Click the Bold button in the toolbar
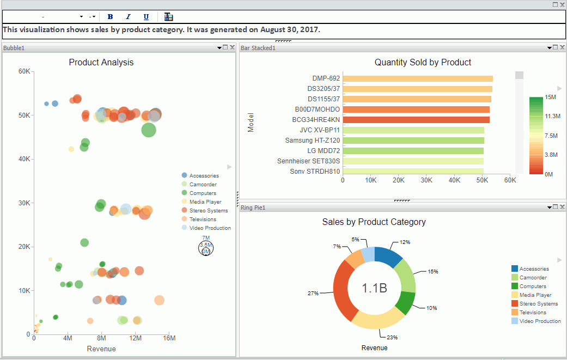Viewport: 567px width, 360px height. click(x=111, y=17)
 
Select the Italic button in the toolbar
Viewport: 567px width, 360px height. click(x=128, y=17)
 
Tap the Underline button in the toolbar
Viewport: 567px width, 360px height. click(x=146, y=17)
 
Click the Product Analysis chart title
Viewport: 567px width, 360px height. click(x=101, y=62)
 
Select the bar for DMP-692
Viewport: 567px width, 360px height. click(x=418, y=78)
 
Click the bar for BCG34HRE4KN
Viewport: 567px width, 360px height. click(x=416, y=120)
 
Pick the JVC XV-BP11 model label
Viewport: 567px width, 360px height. click(x=320, y=130)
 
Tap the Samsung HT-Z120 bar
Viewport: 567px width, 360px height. click(x=413, y=141)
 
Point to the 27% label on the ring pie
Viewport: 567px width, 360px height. click(x=313, y=293)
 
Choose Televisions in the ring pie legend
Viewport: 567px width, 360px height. click(x=533, y=313)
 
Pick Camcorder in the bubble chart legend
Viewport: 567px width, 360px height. click(x=203, y=185)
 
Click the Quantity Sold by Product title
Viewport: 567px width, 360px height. click(x=423, y=62)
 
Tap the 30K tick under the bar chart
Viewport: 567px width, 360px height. click(x=426, y=180)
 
